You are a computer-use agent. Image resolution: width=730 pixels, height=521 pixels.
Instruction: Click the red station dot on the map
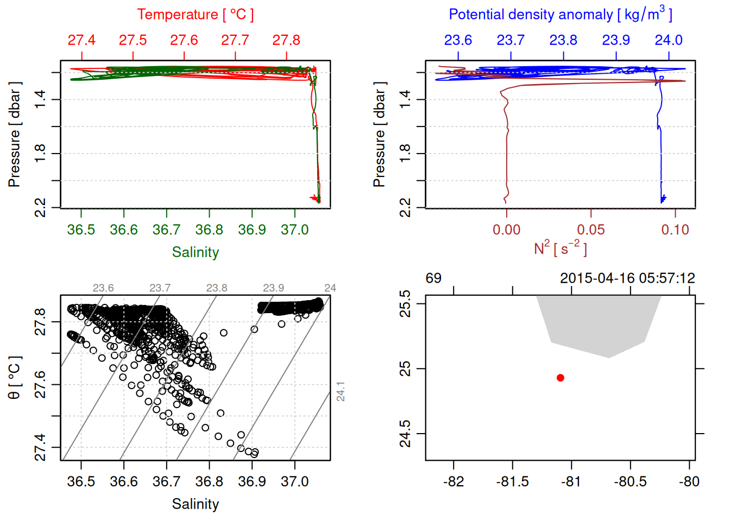pos(560,378)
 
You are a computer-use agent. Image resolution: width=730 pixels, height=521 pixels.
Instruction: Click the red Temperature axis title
pos(195,15)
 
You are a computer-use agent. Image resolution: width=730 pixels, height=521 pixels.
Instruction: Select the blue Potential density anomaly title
pos(560,15)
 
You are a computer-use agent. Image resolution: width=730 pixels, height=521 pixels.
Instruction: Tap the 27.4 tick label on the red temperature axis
pos(81,40)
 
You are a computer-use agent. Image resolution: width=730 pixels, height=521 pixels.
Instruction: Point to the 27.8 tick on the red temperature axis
pos(286,40)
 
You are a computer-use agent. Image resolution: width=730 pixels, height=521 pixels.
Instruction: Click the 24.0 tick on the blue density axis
pos(669,40)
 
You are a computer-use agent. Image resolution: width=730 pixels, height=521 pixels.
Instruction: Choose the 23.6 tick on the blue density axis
pos(458,40)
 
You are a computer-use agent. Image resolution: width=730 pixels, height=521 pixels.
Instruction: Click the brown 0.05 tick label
pos(591,230)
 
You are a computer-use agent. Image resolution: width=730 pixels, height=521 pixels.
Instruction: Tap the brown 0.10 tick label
pos(675,230)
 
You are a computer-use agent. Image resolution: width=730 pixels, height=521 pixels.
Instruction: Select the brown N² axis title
pos(560,249)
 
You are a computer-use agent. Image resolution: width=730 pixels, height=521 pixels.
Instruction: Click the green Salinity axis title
pos(195,252)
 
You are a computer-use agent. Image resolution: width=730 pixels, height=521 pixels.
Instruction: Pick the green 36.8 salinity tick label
pos(209,230)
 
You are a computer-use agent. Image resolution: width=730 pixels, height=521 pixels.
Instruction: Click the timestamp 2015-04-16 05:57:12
pos(627,278)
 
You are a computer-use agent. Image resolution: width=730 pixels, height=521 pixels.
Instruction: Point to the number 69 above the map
pos(433,278)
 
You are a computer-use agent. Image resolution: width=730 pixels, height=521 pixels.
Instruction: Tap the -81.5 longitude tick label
pos(512,481)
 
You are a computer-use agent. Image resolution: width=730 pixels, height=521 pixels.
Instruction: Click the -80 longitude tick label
pos(689,481)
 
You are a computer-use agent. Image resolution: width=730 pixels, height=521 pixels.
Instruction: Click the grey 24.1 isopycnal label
pos(341,391)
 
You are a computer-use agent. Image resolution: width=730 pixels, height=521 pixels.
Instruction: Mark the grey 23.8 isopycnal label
pos(217,288)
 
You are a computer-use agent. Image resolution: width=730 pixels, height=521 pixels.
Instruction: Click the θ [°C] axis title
pos(14,378)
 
